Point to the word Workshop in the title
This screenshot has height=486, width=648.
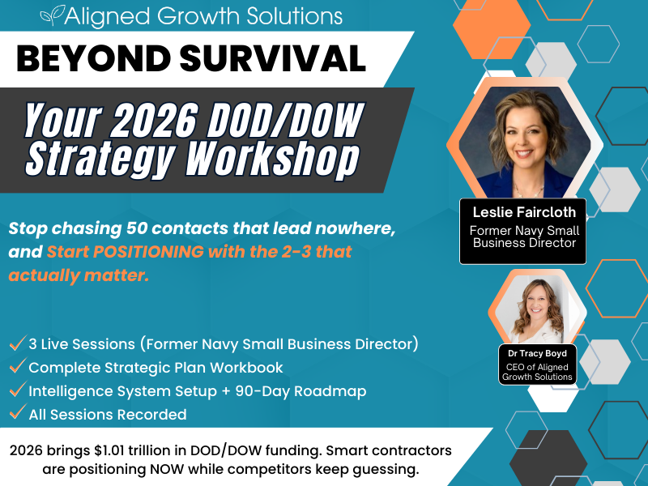pos(272,159)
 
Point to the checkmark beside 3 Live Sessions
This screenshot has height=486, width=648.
pos(16,344)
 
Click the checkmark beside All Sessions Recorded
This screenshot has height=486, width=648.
pos(16,415)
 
